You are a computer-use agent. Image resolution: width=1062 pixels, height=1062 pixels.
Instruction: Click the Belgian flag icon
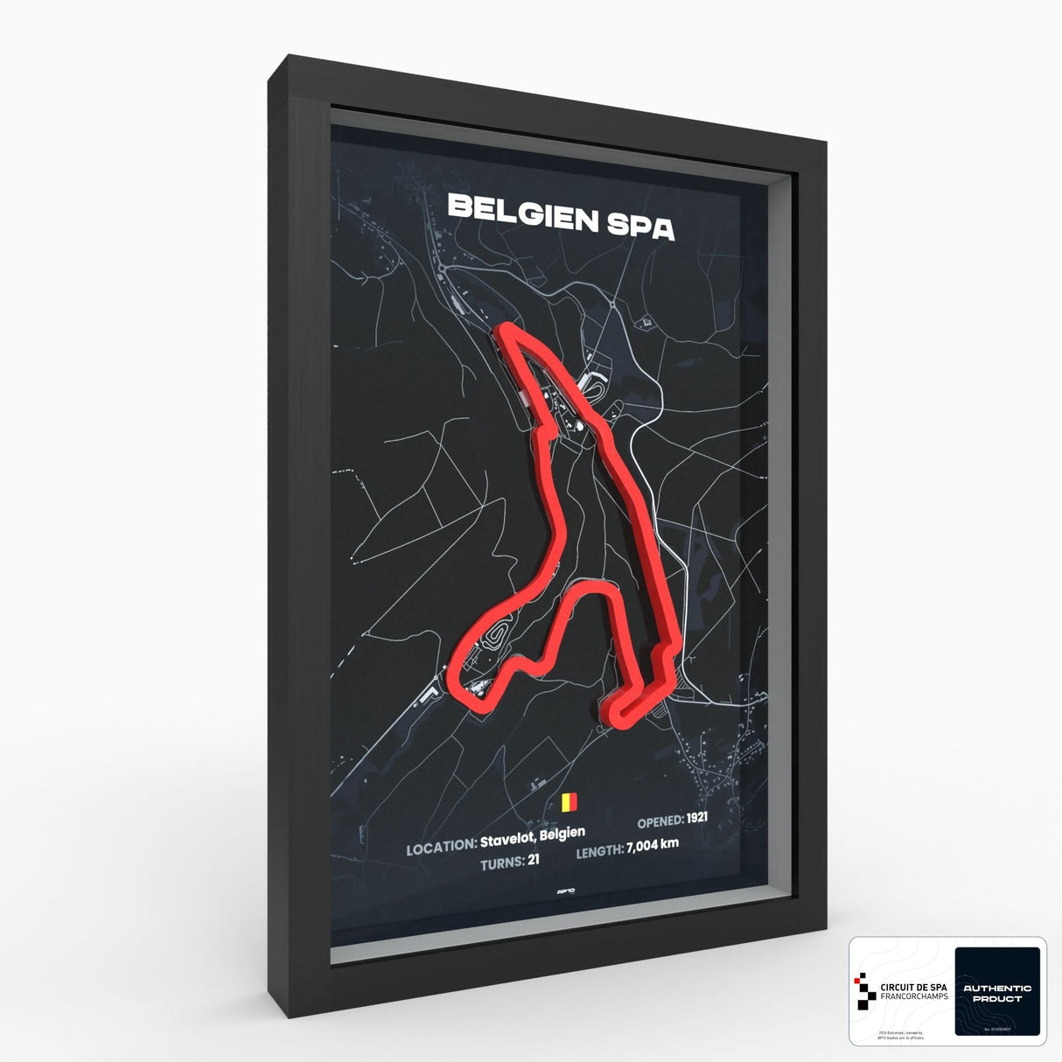pyautogui.click(x=569, y=801)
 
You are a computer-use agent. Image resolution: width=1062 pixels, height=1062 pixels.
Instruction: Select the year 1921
pyautogui.click(x=696, y=820)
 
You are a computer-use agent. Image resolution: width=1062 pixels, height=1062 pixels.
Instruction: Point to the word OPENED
pyautogui.click(x=660, y=821)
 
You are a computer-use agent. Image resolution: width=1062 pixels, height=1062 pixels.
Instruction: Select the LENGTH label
pyautogui.click(x=599, y=848)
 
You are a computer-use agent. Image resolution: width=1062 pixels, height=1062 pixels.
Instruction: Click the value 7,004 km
pyautogui.click(x=653, y=844)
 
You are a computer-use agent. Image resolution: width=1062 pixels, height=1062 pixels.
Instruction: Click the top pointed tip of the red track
pyautogui.click(x=506, y=329)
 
